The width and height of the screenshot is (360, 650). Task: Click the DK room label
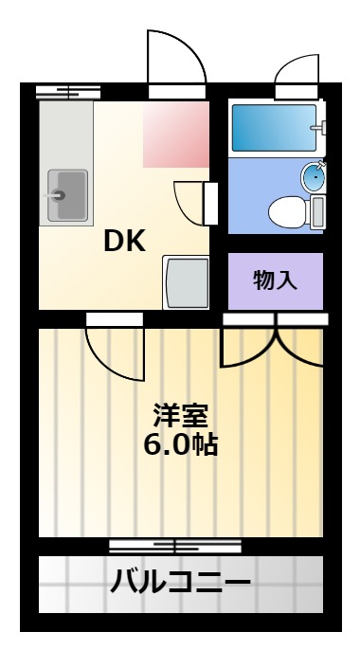pyautogui.click(x=124, y=242)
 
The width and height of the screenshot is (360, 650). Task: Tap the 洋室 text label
pyautogui.click(x=180, y=415)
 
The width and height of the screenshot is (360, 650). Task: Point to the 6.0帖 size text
pyautogui.click(x=180, y=445)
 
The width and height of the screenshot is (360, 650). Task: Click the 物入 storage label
pyautogui.click(x=275, y=280)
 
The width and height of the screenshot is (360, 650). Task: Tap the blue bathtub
pyautogui.click(x=274, y=128)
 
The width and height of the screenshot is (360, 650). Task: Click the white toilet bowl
pyautogui.click(x=288, y=212)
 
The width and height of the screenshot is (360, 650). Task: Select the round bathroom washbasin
pyautogui.click(x=314, y=177)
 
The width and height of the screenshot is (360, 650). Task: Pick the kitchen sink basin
pyautogui.click(x=67, y=195)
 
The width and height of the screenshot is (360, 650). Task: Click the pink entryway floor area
pyautogui.click(x=176, y=135)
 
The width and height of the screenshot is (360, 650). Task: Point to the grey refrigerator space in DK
pyautogui.click(x=186, y=282)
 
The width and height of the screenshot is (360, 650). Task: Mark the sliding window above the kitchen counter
pyautogui.click(x=68, y=92)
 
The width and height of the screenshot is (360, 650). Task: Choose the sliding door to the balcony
pyautogui.click(x=175, y=546)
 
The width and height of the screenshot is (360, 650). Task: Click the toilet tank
pyautogui.click(x=317, y=212)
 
